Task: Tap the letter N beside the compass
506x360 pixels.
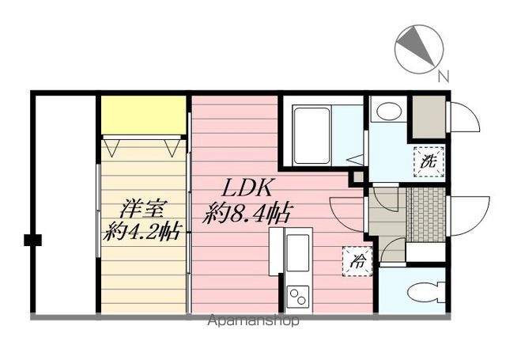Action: (x=444, y=77)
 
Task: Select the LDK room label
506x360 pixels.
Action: (x=247, y=188)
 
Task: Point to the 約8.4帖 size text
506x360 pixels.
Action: (x=247, y=211)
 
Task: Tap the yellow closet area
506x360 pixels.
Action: (x=143, y=116)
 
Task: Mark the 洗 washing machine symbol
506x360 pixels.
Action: (x=429, y=161)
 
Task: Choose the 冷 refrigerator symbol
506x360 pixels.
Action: (x=356, y=262)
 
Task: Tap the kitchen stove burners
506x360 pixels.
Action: (x=298, y=297)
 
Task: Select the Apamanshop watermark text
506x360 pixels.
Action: (x=253, y=320)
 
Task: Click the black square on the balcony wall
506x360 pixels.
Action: (x=32, y=240)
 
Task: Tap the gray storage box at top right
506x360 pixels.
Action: (x=428, y=117)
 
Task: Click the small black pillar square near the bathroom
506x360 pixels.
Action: (x=357, y=176)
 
